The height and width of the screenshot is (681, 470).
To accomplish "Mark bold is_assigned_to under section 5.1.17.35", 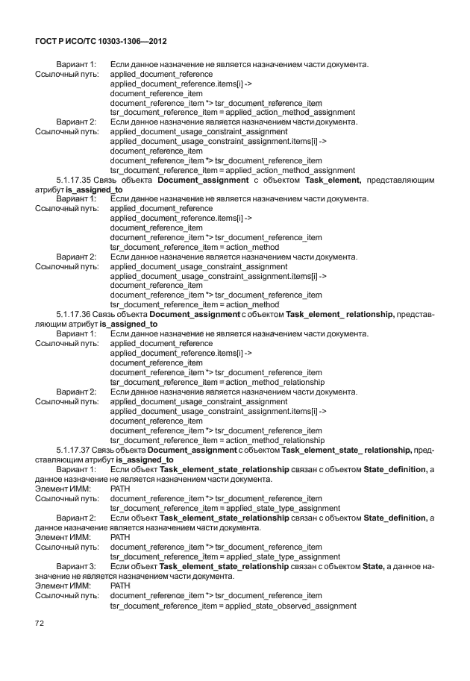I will tap(94, 190).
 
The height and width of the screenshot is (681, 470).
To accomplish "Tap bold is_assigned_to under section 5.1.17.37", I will tap(145, 459).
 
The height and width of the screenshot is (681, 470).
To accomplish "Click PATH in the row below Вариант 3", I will tap(120, 586).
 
